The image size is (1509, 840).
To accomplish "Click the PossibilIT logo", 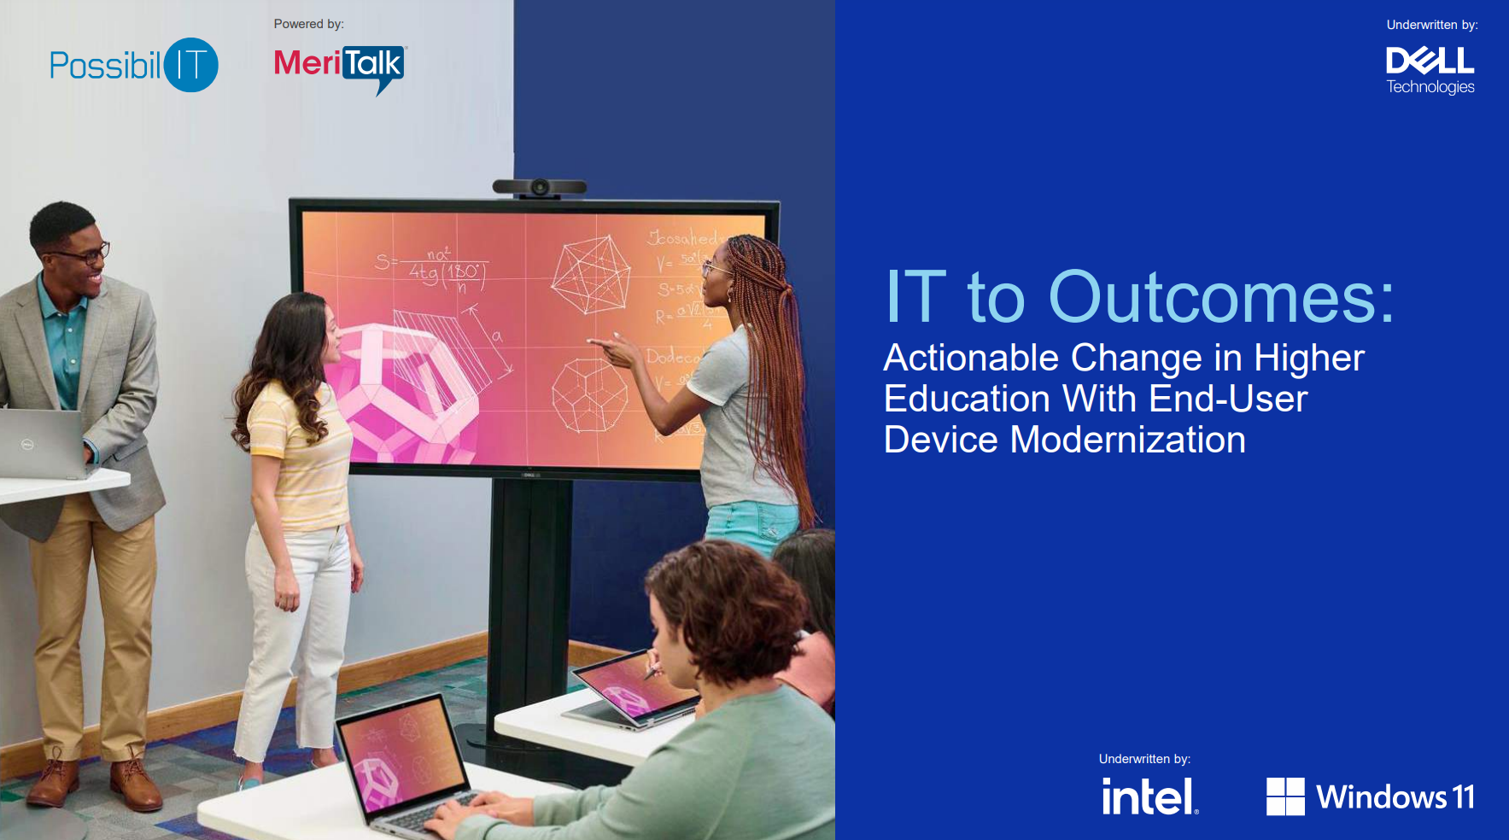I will [133, 65].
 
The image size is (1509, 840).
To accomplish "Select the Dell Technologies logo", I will [1430, 70].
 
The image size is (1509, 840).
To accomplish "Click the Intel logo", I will [1149, 796].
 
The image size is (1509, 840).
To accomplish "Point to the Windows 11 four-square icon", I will [1284, 796].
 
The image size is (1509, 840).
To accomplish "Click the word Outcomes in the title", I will [1220, 297].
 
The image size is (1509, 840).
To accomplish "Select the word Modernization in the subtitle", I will [1127, 440].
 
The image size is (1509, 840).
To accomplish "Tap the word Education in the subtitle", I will [967, 400].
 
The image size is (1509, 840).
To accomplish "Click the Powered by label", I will [308, 24].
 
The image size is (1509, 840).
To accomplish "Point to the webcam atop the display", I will [540, 187].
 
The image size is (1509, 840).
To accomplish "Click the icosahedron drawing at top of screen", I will [590, 275].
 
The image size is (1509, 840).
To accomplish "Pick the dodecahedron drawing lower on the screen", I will [588, 394].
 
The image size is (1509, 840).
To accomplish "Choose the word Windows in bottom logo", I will [1381, 797].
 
